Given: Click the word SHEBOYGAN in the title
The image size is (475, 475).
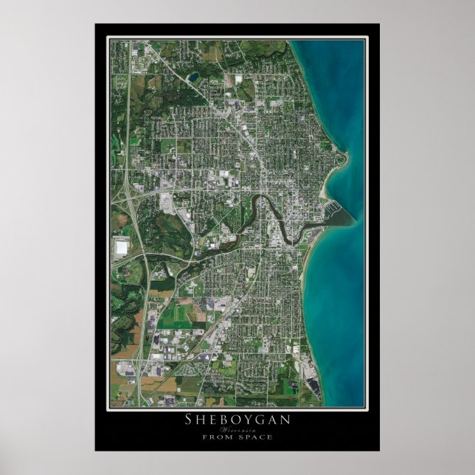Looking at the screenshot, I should (x=237, y=420).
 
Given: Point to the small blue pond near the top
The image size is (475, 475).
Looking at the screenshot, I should (x=193, y=76).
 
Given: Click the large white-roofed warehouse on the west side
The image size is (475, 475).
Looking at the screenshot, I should (x=120, y=247).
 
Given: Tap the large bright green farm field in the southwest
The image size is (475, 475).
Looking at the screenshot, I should (x=173, y=313).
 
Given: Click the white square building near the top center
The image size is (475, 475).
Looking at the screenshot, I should (x=239, y=79).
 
